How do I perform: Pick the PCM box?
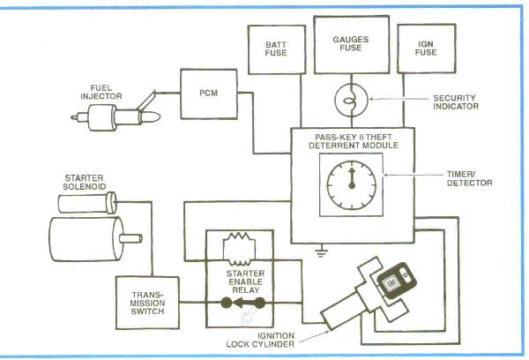[x=203, y=93]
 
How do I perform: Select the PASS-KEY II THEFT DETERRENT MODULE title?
[x=351, y=141]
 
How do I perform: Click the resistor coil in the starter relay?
[x=238, y=243]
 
